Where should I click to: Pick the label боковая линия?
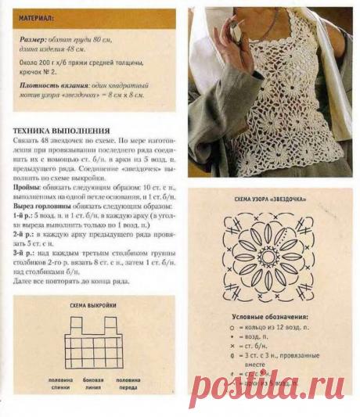[94, 383]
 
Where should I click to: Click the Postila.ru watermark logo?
[270, 385]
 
